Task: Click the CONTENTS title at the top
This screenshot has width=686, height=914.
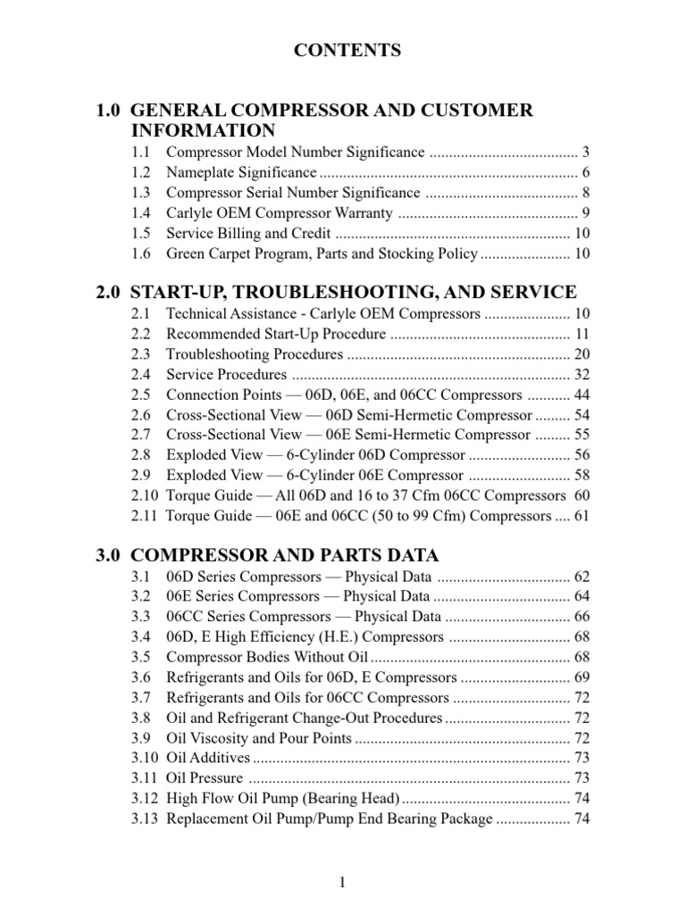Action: point(347,51)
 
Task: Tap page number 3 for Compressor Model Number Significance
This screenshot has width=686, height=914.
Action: point(584,152)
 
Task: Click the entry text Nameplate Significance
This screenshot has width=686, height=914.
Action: point(241,172)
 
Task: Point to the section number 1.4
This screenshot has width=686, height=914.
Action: point(139,213)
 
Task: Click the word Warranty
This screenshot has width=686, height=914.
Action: point(362,213)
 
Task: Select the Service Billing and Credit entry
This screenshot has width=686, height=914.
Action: point(249,234)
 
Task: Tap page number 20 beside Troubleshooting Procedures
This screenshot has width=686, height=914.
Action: point(581,354)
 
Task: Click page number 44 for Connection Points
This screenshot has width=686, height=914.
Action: point(581,395)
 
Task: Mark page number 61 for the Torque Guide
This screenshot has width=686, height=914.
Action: point(581,516)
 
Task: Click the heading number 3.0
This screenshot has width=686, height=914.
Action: point(110,554)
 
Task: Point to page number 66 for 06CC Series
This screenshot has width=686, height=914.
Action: point(581,617)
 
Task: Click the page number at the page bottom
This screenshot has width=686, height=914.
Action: point(342,883)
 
